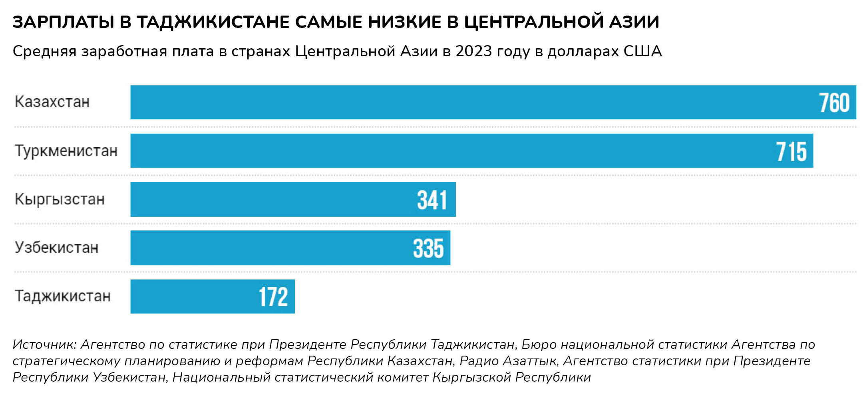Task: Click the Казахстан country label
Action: coord(52,102)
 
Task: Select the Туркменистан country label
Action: coord(66,151)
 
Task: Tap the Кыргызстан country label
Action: coord(60,199)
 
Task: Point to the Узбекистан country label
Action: coord(56,248)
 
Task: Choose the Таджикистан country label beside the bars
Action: coord(62,296)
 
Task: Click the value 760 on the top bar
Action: coord(834,103)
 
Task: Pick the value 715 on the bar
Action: coord(791,152)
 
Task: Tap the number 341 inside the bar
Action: coord(432,200)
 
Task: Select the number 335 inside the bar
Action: coord(428,248)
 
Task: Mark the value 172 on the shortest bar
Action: coord(273,297)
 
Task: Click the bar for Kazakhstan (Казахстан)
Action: coord(439,102)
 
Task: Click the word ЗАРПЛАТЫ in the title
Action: coord(64,22)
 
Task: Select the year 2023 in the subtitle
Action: coord(474,51)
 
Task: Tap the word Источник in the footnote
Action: coord(44,345)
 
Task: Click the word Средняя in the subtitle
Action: coord(44,51)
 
